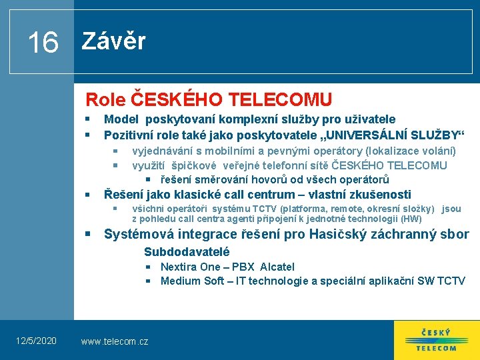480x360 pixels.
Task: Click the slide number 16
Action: coord(43,43)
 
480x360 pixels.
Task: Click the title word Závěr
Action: coord(113,41)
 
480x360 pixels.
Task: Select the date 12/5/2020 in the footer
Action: coord(37,341)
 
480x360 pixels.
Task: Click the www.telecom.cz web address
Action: coord(115,341)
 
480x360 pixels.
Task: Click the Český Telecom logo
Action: coord(436,340)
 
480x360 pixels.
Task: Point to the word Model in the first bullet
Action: coord(121,119)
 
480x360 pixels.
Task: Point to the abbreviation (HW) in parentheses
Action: coord(411,219)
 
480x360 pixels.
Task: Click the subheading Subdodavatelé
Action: coord(187,252)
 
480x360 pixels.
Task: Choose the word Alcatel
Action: coord(277,267)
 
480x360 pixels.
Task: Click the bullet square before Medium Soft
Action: coord(150,281)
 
